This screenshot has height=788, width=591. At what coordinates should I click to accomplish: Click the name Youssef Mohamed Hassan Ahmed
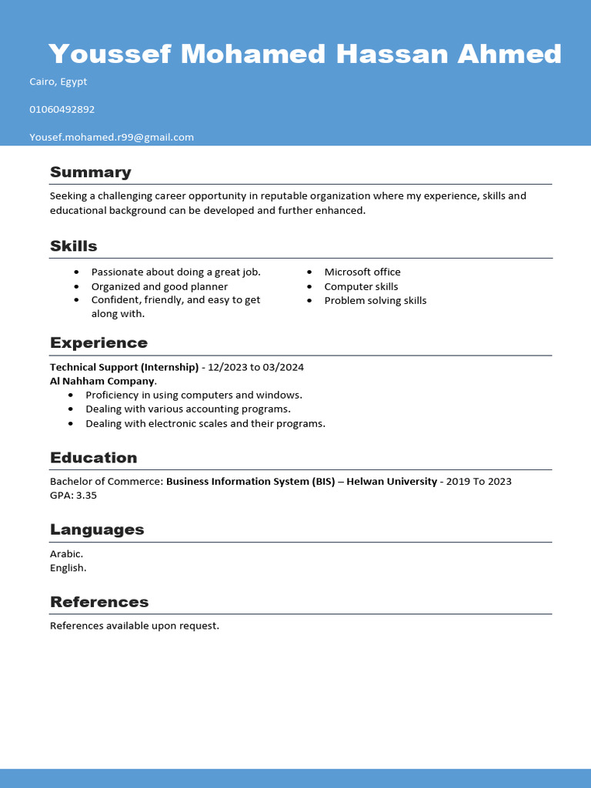(305, 54)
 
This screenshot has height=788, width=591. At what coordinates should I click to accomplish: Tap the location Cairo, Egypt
(58, 82)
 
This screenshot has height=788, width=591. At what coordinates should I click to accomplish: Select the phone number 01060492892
(62, 109)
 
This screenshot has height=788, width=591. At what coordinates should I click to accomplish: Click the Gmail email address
(112, 137)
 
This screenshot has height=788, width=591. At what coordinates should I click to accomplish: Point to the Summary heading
(91, 172)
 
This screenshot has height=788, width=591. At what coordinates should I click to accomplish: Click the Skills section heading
(74, 246)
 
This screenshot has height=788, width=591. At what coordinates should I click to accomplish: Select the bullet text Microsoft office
(362, 272)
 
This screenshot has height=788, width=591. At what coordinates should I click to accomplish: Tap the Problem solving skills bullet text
(376, 300)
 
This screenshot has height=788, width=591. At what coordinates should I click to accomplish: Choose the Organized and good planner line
(159, 286)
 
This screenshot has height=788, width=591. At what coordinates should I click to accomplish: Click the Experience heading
(98, 342)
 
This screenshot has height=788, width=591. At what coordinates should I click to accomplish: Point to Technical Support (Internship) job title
(124, 367)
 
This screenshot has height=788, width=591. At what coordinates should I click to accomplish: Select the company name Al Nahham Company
(102, 381)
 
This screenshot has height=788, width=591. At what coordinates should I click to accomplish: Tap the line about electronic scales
(205, 423)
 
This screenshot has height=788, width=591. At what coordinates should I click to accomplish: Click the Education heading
(94, 458)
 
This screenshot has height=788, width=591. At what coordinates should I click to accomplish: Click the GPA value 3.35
(86, 495)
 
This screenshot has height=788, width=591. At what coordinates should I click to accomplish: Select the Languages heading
(97, 529)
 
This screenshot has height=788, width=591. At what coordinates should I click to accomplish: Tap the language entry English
(68, 568)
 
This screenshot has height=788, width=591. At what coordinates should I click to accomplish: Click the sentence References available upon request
(135, 626)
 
